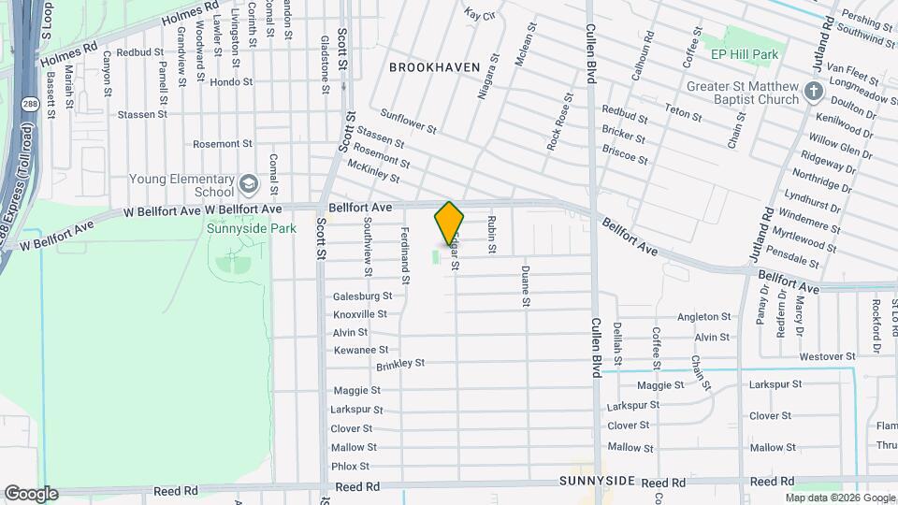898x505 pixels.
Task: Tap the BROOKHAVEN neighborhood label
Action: [x=434, y=67]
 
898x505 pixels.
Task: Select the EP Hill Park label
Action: [x=745, y=55]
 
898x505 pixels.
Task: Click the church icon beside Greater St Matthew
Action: [x=813, y=93]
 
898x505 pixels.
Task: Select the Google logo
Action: [x=31, y=493]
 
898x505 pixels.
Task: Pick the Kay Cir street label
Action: [x=479, y=15]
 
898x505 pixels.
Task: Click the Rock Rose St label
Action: [x=559, y=122]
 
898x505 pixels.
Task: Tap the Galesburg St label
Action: [x=362, y=296]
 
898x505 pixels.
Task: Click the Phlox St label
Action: [x=350, y=466]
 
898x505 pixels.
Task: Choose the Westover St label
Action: [x=823, y=357]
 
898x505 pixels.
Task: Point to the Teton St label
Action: [x=683, y=112]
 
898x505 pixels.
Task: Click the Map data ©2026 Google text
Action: [x=839, y=498]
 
